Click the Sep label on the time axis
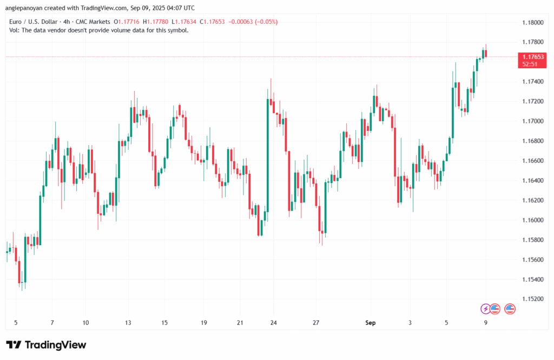370,323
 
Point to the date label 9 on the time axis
486,323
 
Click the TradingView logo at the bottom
46,345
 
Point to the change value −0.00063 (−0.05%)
256,22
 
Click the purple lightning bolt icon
485,309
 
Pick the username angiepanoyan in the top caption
28,7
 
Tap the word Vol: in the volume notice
15,30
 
